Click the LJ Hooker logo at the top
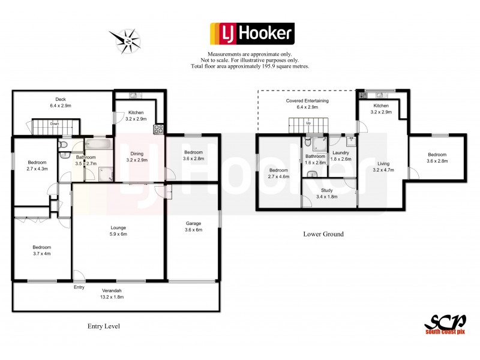[x=251, y=34]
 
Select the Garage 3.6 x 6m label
[x=193, y=226]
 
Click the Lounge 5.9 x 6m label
[x=118, y=230]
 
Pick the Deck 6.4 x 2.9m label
[x=60, y=103]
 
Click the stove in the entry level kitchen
[x=160, y=128]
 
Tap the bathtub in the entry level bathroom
[x=96, y=144]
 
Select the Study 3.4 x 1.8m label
[x=328, y=193]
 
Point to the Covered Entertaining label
[x=307, y=104]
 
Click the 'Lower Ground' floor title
[x=323, y=234]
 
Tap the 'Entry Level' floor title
[x=103, y=326]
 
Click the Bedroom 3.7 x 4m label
[x=42, y=250]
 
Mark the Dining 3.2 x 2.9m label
[x=137, y=157]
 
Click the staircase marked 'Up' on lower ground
[x=308, y=126]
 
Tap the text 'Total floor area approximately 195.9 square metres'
[x=250, y=66]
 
